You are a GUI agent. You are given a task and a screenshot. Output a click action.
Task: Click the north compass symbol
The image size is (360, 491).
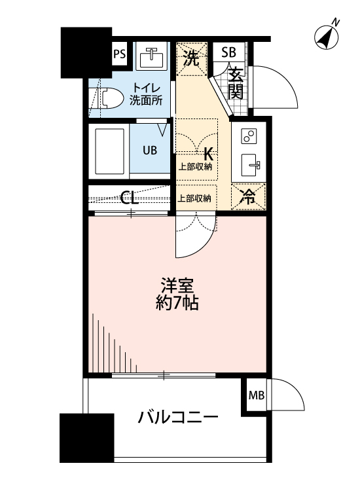point(327,37)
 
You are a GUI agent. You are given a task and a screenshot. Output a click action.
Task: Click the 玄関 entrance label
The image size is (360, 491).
point(236,83)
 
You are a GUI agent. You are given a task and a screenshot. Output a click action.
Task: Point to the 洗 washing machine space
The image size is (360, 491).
point(191,58)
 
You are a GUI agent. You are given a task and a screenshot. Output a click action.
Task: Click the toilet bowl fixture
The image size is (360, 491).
point(109,99)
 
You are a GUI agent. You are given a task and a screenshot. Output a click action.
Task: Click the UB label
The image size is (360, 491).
point(150,149)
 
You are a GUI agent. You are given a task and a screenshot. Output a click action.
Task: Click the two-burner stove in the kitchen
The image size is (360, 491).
point(249,137)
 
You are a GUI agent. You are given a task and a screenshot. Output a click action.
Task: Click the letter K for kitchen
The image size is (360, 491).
point(208,154)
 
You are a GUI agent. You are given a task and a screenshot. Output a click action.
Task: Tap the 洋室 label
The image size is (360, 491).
point(177,286)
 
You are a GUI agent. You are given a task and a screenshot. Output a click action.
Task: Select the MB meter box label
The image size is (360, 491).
point(256,395)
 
